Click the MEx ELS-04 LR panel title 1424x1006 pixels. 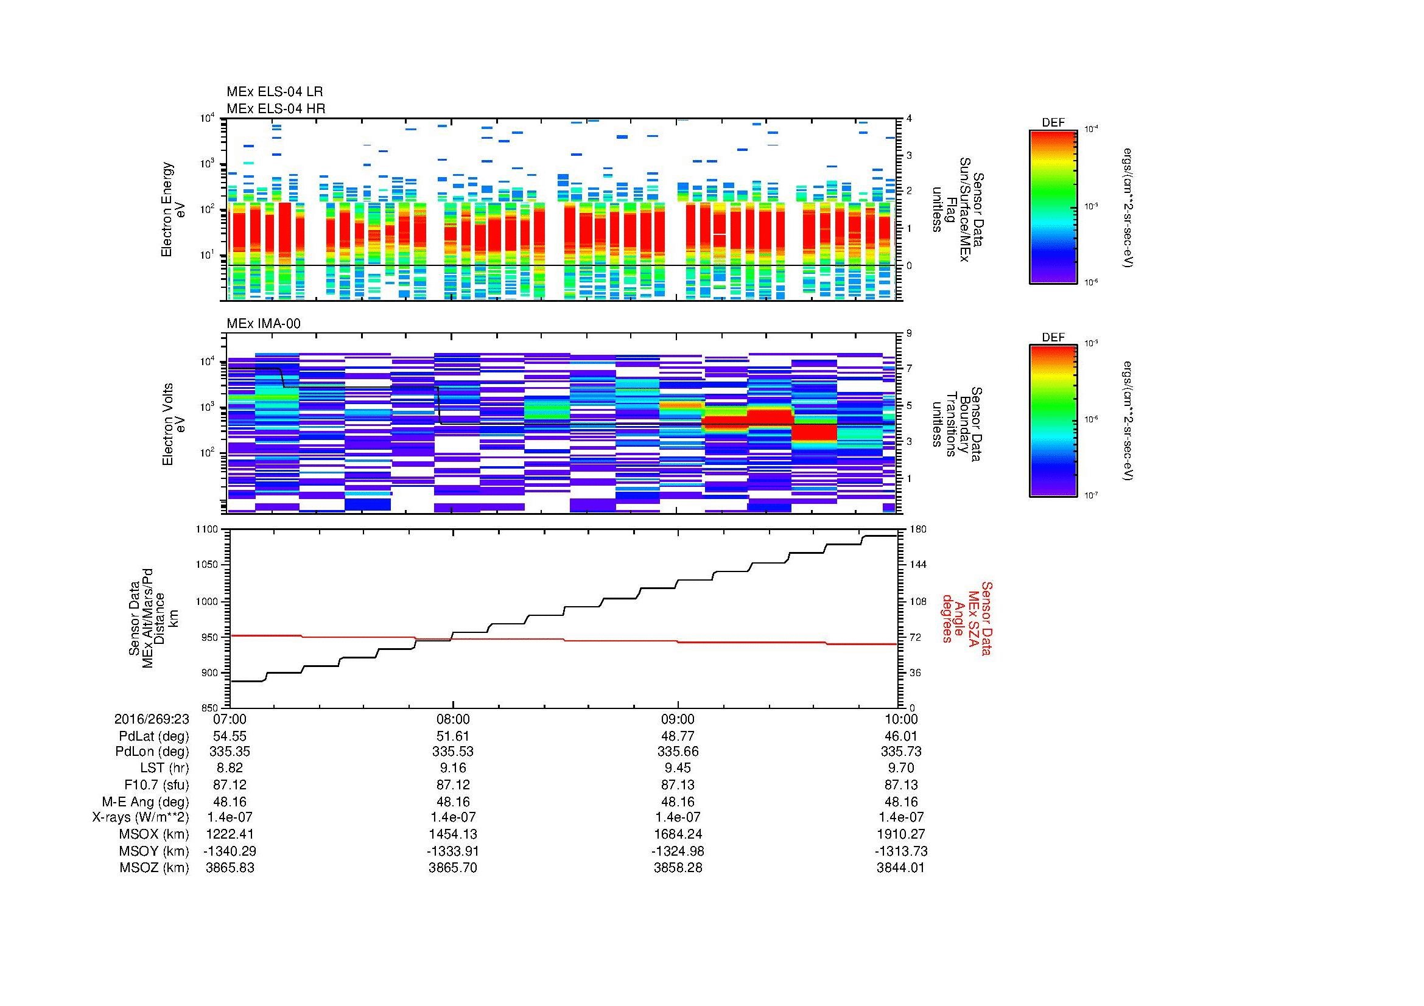click(275, 92)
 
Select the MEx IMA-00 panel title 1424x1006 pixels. click(264, 324)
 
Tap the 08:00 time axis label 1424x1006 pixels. click(453, 719)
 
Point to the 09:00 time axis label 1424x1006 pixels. click(677, 719)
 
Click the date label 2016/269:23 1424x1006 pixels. click(152, 719)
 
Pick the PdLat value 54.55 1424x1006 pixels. click(230, 736)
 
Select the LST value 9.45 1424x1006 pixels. click(677, 768)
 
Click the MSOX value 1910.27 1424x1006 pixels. click(901, 834)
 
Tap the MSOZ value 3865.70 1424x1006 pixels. click(453, 868)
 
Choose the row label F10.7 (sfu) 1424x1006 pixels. click(156, 784)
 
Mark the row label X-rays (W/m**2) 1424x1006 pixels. click(141, 817)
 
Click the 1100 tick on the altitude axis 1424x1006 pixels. click(207, 529)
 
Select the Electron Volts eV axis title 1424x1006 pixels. click(174, 424)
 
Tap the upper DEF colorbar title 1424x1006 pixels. click(1053, 123)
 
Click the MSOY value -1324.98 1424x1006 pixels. click(677, 851)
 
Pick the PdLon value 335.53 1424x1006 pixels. click(453, 752)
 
